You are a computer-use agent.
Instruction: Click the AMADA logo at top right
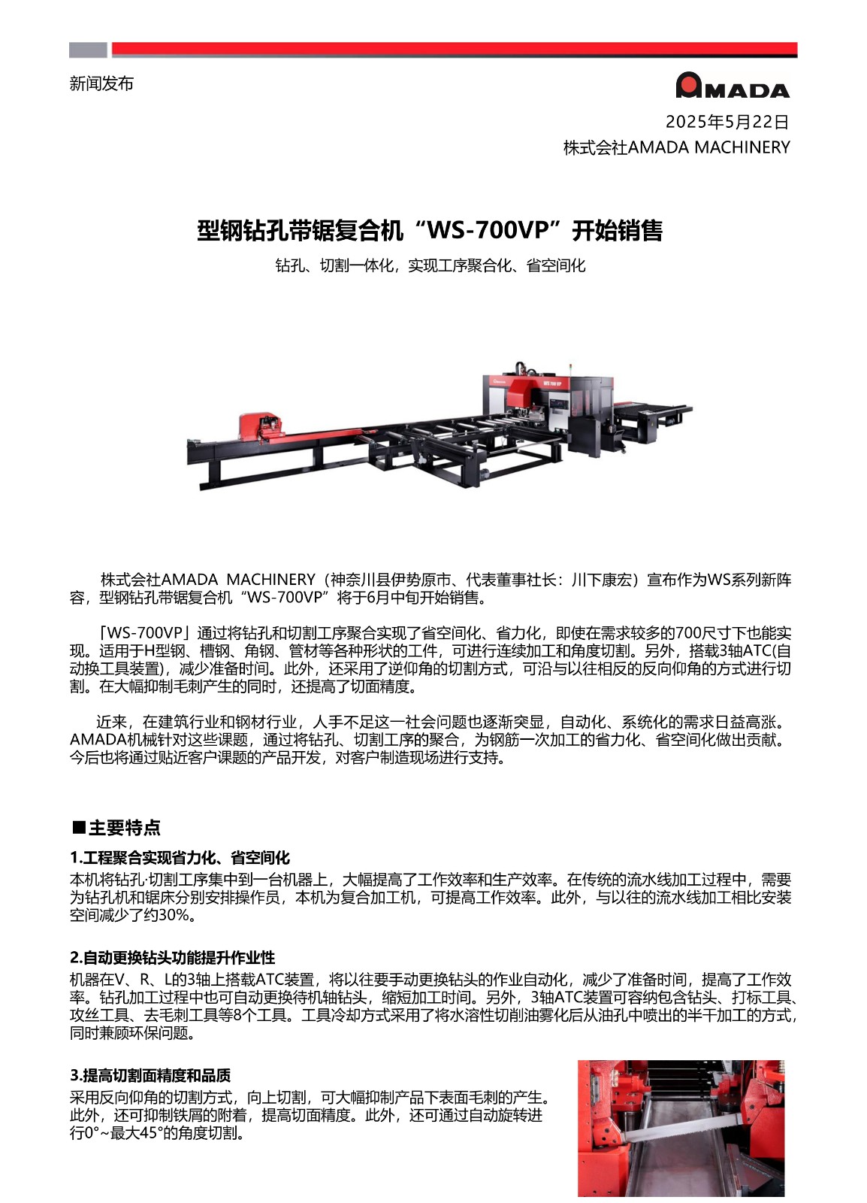[733, 86]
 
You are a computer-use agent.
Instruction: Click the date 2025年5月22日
[727, 122]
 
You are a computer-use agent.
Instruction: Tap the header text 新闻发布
[101, 83]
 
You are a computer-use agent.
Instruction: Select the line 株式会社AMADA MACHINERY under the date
[676, 147]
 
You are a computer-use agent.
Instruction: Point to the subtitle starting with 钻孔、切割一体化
[430, 265]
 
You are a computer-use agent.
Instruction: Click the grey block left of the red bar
[88, 50]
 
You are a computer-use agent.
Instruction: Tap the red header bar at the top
[454, 50]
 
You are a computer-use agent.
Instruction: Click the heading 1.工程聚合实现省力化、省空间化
[180, 858]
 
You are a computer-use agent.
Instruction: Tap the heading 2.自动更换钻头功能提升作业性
[172, 958]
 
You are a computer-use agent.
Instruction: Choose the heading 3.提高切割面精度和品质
[150, 1075]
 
